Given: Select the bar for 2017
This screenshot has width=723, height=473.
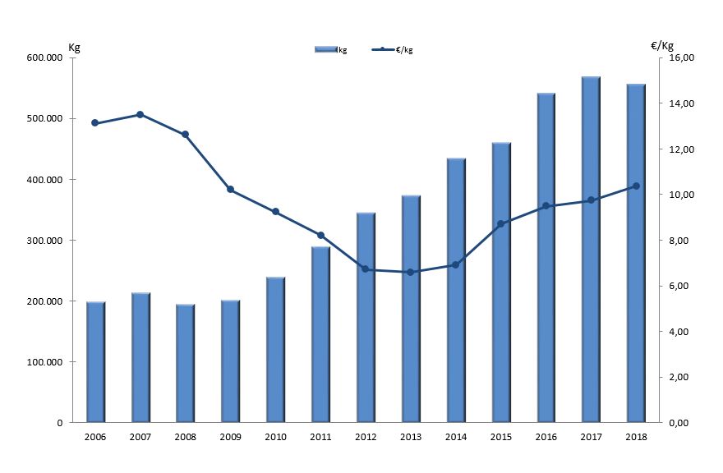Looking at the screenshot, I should (x=590, y=250).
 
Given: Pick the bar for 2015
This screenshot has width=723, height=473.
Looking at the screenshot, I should (x=500, y=282).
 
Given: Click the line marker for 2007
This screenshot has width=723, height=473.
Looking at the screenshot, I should (x=140, y=115).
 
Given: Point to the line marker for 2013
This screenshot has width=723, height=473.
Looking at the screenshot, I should (x=410, y=272).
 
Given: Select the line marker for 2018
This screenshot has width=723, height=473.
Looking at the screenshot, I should (x=635, y=186).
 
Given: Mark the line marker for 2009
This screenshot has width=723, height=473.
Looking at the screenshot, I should (x=230, y=190).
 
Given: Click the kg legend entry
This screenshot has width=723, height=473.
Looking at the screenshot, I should (x=331, y=50).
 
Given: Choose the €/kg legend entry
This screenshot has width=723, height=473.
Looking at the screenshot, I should (x=392, y=50).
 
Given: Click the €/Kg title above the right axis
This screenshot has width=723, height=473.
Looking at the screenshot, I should (x=661, y=44).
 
